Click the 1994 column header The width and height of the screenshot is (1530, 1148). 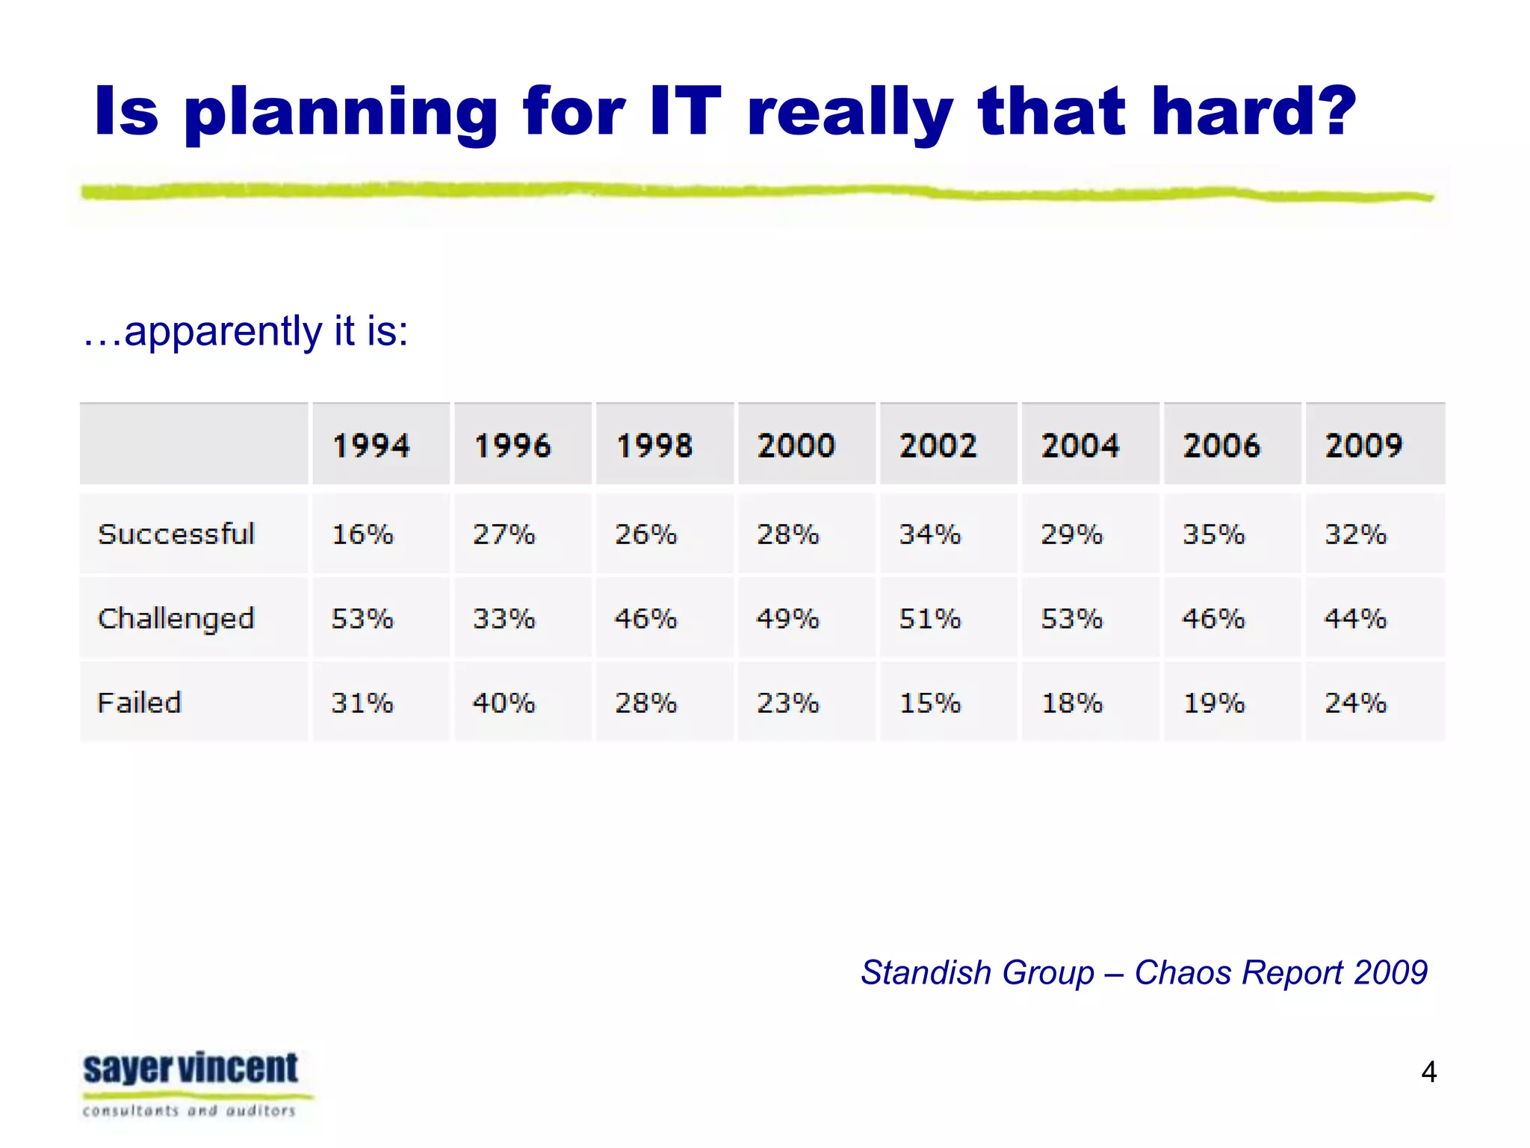371,445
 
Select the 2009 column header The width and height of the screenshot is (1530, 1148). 1363,445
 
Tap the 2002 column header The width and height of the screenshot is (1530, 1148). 938,445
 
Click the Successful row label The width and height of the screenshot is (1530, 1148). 176,534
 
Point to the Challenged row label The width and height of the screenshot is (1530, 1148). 176,619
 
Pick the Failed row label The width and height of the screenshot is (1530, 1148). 140,703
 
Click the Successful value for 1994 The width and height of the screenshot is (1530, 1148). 362,534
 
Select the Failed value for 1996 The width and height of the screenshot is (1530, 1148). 504,703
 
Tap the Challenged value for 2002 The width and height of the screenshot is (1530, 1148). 930,619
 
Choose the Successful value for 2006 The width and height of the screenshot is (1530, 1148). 1214,534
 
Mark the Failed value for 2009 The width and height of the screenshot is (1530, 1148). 1356,703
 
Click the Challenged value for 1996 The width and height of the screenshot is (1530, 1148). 504,619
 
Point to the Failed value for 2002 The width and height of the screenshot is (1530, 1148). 930,703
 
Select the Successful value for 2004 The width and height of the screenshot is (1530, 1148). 1072,534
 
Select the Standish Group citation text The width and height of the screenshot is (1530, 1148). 1144,972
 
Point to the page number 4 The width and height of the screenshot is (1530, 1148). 1428,1072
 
